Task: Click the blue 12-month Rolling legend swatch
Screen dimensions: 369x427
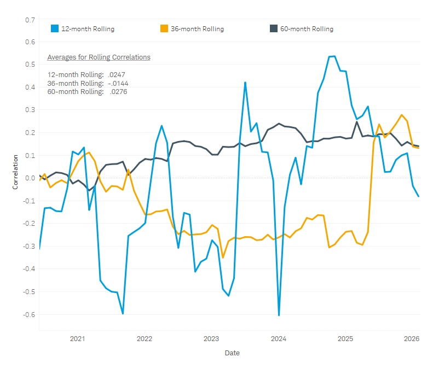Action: tap(55, 28)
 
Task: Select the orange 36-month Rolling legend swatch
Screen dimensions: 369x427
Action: tap(163, 28)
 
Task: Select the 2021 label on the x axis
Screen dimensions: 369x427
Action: tap(78, 339)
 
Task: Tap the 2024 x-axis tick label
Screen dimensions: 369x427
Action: tap(279, 339)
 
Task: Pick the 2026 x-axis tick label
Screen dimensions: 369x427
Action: tap(412, 339)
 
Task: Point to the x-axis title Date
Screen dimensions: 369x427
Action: tap(232, 353)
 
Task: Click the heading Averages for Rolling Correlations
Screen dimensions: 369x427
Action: tap(99, 57)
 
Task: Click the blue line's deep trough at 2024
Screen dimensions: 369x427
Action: tap(279, 315)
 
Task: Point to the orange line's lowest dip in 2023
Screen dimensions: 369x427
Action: tap(223, 257)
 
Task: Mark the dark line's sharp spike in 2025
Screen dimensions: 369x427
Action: tap(357, 122)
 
